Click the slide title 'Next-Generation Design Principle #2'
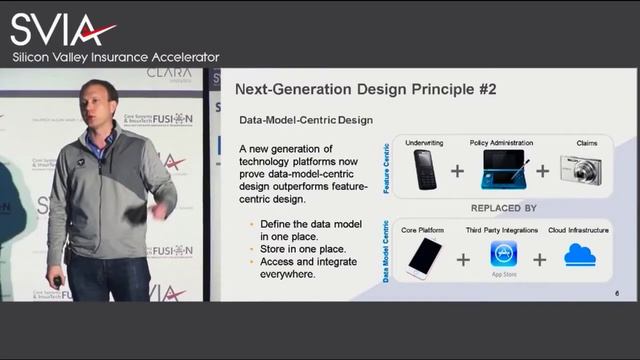[366, 89]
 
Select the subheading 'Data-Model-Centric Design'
[306, 120]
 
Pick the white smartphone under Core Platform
[423, 258]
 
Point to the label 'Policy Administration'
[501, 143]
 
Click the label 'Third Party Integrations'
[502, 231]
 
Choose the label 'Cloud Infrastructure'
[577, 231]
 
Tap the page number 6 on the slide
[617, 293]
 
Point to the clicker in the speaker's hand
[57, 282]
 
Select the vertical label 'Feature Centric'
[388, 170]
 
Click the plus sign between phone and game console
[457, 171]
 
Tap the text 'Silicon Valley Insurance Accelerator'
[115, 57]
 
